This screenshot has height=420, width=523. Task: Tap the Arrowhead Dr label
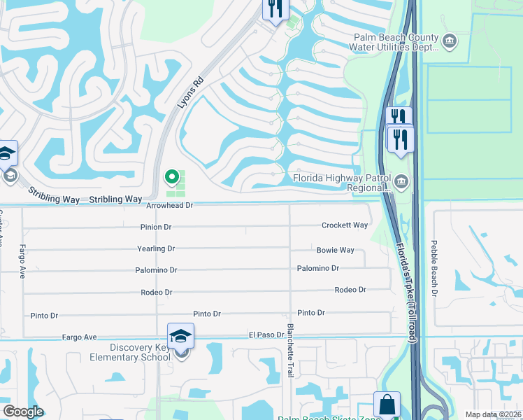(x=169, y=206)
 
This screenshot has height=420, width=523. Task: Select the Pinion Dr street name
(x=156, y=227)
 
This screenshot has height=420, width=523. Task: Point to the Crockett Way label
(x=345, y=225)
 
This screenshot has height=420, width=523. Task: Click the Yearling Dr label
(x=156, y=248)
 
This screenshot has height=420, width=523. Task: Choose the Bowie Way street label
(x=336, y=250)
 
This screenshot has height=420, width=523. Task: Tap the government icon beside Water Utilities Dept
(x=450, y=42)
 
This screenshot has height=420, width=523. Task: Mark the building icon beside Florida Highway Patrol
(x=401, y=183)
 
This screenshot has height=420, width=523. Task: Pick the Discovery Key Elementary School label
(x=140, y=352)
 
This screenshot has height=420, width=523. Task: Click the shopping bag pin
(x=387, y=405)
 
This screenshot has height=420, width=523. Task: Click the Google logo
(x=23, y=412)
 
